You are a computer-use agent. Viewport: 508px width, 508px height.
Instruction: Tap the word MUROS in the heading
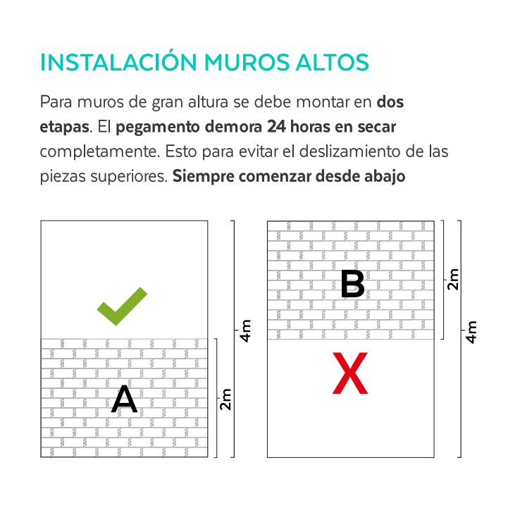point(247,62)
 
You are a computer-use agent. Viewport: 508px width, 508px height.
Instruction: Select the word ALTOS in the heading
point(333,62)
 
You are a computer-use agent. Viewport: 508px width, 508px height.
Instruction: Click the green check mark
point(122,306)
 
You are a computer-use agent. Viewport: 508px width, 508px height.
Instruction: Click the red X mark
point(350,373)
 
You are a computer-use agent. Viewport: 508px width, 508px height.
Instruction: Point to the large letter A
point(125,399)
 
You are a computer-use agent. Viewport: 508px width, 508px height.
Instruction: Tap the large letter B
point(353,284)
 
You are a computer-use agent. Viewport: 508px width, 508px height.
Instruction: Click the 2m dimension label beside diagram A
point(225,399)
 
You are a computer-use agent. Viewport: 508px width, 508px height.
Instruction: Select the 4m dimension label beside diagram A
point(245,330)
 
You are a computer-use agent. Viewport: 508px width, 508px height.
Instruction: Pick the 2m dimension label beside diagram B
point(453,279)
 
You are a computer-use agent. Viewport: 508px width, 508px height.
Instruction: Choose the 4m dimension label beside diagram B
point(471,332)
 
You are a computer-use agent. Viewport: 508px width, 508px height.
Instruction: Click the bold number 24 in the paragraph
point(276,127)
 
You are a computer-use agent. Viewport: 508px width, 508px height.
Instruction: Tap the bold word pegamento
point(157,128)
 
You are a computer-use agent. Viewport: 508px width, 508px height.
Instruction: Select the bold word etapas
point(64,128)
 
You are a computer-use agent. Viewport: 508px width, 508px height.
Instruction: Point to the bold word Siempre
point(203,177)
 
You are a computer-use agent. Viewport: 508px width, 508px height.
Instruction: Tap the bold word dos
point(390,102)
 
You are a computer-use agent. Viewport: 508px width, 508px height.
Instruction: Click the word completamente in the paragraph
point(100,152)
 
